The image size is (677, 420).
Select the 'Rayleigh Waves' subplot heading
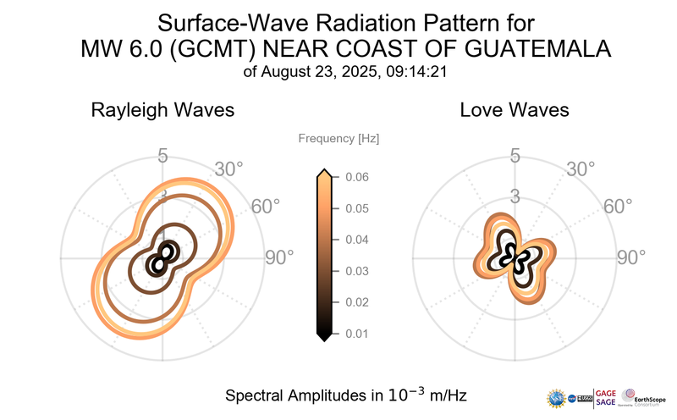(x=162, y=110)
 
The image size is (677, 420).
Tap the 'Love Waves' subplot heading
(x=514, y=110)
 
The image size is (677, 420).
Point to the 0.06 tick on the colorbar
(x=356, y=177)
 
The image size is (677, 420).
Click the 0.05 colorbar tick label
(x=356, y=208)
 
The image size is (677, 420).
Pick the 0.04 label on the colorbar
(x=356, y=240)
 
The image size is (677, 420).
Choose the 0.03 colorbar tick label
(x=356, y=271)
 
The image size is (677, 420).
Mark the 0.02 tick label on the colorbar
(x=356, y=302)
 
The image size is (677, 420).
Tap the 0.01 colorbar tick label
(x=356, y=334)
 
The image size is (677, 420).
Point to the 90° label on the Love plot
(x=630, y=257)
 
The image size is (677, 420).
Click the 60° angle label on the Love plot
(x=618, y=207)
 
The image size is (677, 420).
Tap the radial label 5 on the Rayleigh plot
(x=162, y=156)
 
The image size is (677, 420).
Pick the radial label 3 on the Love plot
(x=515, y=197)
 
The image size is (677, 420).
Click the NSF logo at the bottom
(x=557, y=397)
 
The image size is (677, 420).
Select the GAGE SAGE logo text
(x=606, y=397)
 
